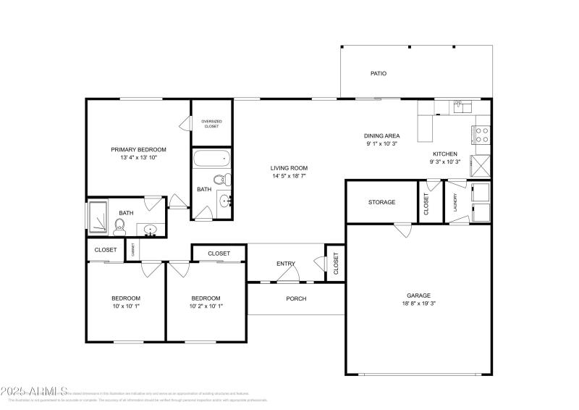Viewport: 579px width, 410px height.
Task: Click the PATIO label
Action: click(378, 73)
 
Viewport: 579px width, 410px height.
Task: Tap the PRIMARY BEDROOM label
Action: click(138, 149)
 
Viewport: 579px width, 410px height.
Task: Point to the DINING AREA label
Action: click(381, 135)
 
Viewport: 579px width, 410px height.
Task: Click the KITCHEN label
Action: click(444, 154)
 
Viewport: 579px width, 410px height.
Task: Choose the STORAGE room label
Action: click(381, 202)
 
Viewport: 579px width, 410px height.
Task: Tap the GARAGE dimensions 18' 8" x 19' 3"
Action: click(418, 304)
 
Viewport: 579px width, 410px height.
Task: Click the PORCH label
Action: click(296, 298)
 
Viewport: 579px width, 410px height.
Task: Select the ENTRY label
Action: click(286, 263)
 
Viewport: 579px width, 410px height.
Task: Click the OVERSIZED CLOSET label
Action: click(211, 124)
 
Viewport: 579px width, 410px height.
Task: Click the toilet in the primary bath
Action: click(120, 225)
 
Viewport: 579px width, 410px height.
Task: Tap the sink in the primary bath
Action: click(151, 231)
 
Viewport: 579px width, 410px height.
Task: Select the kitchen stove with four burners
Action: click(480, 135)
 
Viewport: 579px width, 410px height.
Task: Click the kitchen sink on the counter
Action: click(461, 107)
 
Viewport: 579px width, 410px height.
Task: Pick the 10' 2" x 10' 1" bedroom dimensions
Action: click(206, 306)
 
